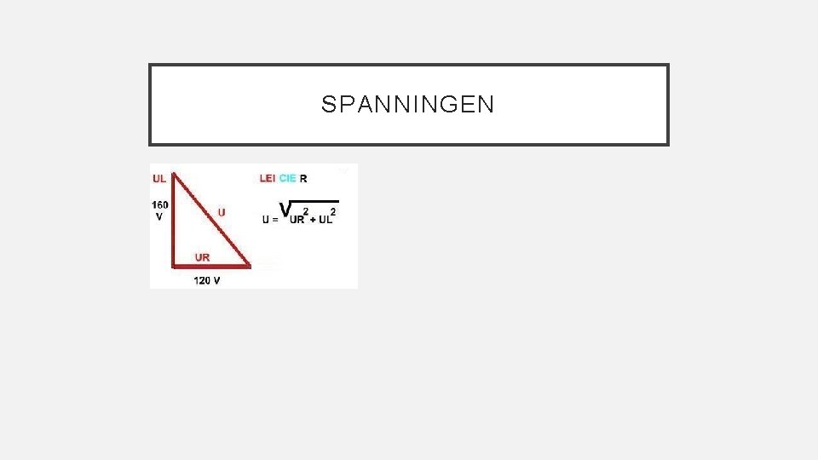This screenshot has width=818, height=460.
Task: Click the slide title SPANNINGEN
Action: (x=407, y=105)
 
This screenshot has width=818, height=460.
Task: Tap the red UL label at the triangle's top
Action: (x=159, y=179)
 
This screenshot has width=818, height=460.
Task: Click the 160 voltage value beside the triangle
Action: (x=160, y=204)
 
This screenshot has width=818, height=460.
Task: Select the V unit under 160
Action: (x=159, y=216)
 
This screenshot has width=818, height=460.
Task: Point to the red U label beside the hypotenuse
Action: (x=222, y=211)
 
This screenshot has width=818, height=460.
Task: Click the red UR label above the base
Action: (x=203, y=256)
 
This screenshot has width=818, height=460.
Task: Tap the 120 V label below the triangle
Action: (x=207, y=280)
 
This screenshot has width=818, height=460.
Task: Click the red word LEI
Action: (x=268, y=179)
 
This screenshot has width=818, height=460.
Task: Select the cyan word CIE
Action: (x=288, y=179)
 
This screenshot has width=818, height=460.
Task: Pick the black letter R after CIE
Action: (x=304, y=179)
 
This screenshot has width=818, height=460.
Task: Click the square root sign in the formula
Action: (x=287, y=208)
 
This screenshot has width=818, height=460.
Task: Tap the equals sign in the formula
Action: (x=274, y=220)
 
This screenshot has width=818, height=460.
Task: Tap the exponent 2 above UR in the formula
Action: (x=306, y=211)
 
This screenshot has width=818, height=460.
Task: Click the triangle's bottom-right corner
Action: (x=250, y=266)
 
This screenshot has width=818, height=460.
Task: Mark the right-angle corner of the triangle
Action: (x=174, y=265)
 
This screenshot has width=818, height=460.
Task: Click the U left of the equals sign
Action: (x=265, y=220)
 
